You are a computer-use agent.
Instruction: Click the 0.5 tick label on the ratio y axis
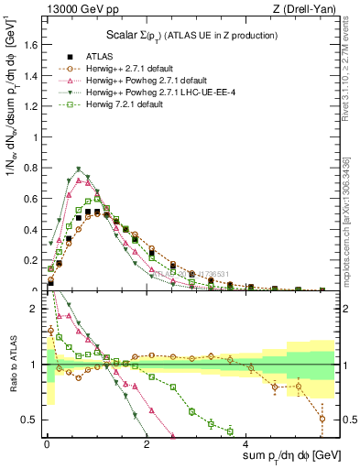32,420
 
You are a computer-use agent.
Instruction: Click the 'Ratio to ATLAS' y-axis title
11,364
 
